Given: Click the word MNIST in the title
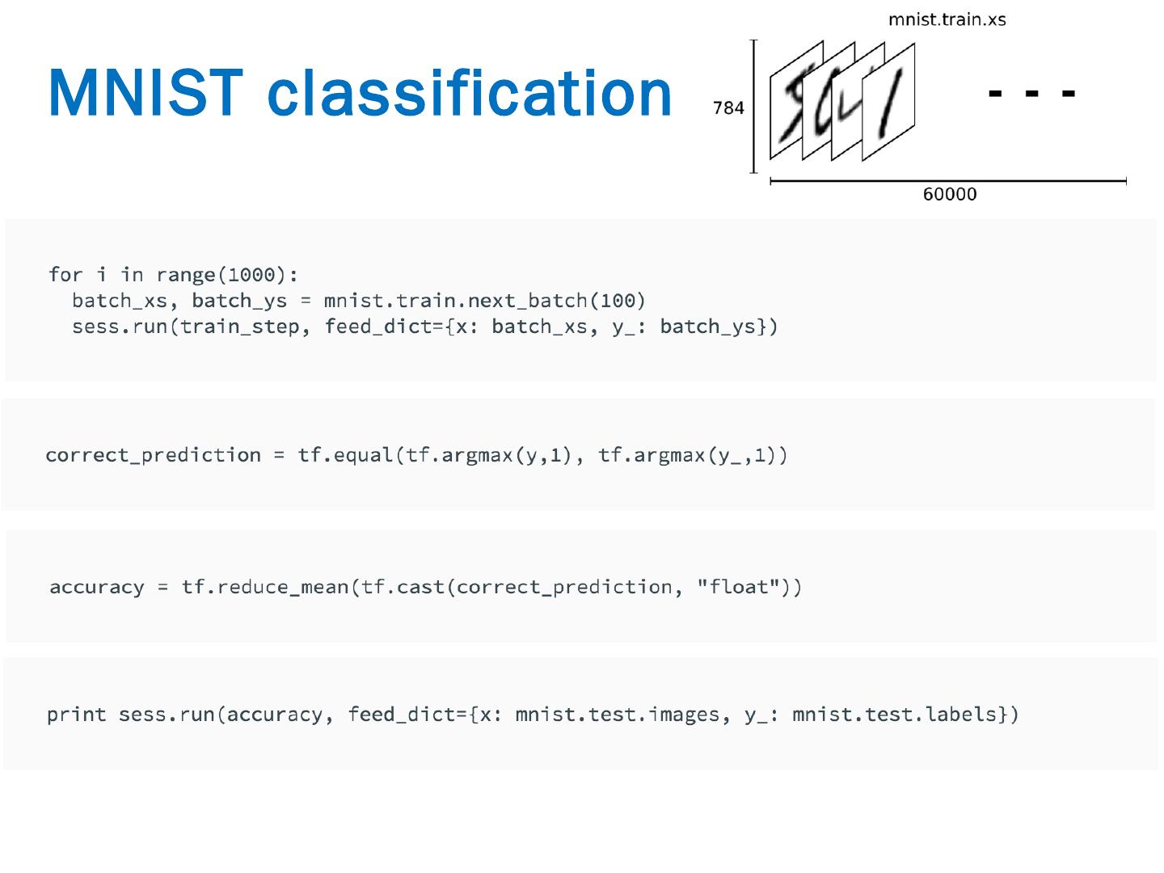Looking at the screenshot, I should click(x=145, y=93).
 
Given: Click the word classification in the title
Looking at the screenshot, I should click(x=470, y=93).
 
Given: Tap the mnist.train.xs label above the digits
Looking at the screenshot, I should click(x=947, y=19).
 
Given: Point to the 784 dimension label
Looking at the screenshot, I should click(x=728, y=108).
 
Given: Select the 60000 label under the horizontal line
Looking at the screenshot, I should click(x=950, y=194).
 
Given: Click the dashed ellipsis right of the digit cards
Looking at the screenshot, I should click(x=1031, y=94).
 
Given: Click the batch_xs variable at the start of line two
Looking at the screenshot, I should click(x=120, y=301).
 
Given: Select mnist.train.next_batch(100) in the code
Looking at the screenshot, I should click(x=484, y=301).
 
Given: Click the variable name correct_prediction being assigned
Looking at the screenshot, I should click(x=154, y=455).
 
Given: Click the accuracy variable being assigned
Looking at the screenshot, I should click(x=97, y=587).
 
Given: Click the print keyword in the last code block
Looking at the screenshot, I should click(x=77, y=715).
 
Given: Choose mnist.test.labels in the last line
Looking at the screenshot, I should click(x=894, y=715).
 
